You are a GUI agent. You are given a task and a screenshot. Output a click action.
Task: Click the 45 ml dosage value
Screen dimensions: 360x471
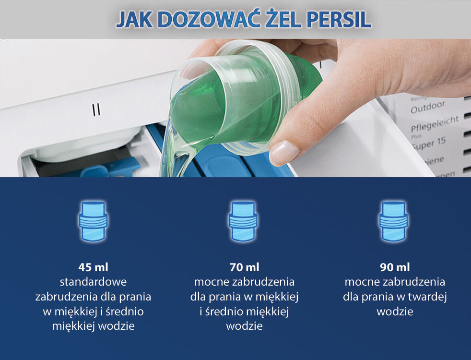(x=93, y=267)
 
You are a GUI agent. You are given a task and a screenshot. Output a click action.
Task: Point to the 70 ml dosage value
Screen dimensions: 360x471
(x=244, y=267)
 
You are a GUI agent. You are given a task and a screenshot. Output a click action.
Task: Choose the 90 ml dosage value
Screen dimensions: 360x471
(x=395, y=267)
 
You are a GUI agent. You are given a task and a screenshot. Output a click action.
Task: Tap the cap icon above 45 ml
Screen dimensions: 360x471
(x=93, y=220)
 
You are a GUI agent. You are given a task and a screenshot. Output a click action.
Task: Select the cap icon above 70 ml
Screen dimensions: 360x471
(x=244, y=220)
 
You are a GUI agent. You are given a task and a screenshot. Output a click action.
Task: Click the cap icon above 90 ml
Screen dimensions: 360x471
(x=394, y=220)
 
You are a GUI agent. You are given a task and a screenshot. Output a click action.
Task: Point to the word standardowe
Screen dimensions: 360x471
(x=93, y=282)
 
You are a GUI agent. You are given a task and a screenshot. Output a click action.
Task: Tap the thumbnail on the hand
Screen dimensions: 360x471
(x=284, y=152)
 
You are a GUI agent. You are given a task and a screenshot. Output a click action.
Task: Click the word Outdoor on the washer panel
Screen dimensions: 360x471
(x=428, y=107)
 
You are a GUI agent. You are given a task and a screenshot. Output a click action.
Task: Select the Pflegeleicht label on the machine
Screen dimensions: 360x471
(x=435, y=125)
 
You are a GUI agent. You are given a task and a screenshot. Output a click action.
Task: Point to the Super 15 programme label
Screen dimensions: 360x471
(x=429, y=144)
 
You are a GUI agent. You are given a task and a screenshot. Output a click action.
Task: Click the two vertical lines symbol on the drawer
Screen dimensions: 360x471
(x=96, y=110)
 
